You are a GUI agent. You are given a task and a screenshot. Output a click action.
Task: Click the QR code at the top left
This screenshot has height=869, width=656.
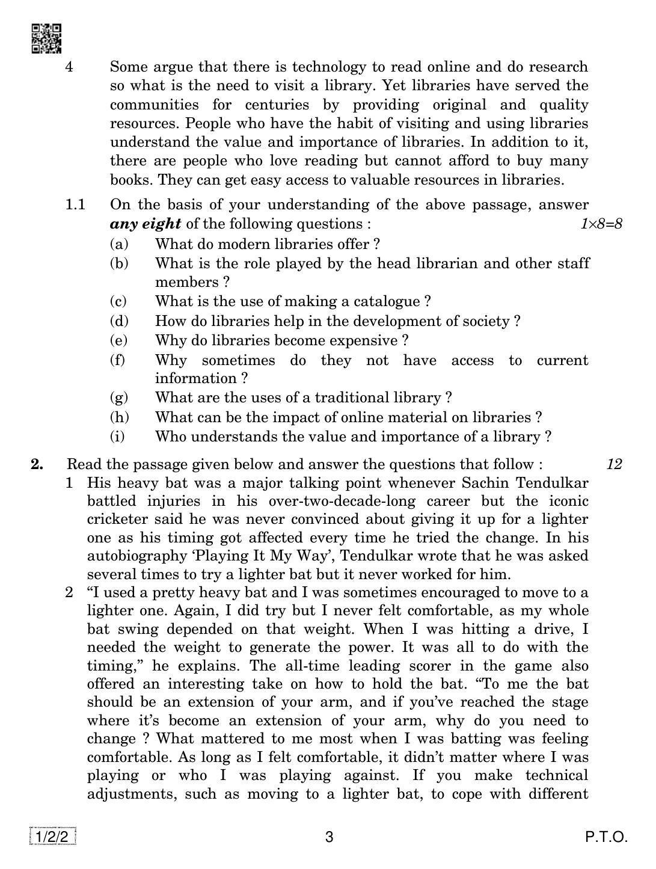(46, 38)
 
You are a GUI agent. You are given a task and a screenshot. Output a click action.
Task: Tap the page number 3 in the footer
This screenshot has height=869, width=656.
(329, 837)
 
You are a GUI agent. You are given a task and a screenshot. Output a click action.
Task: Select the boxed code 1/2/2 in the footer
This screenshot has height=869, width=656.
(52, 837)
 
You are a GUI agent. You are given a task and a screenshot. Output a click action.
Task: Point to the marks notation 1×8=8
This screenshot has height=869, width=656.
(601, 224)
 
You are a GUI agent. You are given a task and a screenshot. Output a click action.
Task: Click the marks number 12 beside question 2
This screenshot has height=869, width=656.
(614, 464)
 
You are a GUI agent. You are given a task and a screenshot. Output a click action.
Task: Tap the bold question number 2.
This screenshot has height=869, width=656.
(37, 464)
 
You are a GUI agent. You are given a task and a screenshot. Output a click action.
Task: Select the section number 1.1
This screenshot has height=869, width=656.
(75, 205)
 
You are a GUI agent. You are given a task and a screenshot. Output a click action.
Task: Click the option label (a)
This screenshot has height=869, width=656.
(119, 244)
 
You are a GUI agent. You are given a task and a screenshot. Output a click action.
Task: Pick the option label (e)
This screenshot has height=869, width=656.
(119, 340)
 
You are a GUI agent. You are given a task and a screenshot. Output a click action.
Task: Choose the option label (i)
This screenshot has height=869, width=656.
(118, 437)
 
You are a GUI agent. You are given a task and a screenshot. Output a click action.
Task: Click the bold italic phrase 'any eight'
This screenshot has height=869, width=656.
(146, 224)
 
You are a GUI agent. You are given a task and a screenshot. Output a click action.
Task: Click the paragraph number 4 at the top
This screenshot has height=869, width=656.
(69, 67)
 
